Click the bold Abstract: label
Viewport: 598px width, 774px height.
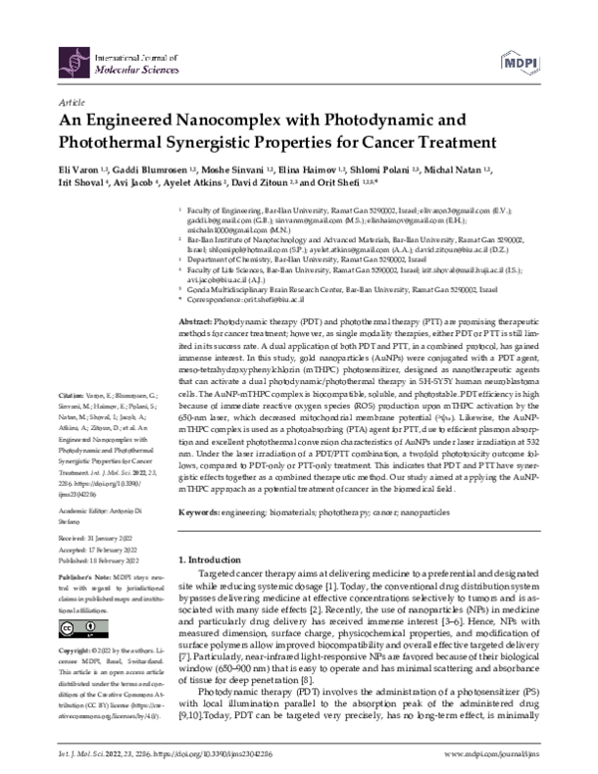click(x=195, y=325)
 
